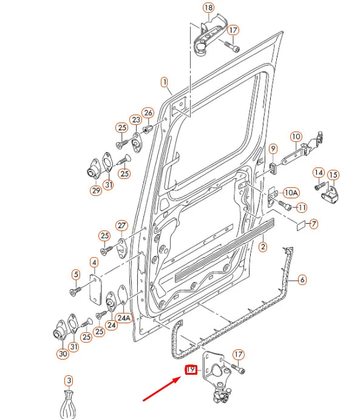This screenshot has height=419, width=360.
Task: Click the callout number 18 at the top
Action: (208, 8)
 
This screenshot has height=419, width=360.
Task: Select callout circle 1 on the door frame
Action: (165, 81)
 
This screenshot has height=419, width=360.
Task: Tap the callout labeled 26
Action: (148, 113)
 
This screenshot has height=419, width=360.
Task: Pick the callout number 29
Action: (96, 190)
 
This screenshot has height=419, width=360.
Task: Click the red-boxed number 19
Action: (191, 370)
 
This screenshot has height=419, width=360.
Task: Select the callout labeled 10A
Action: (291, 193)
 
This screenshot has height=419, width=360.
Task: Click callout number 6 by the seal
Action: (302, 280)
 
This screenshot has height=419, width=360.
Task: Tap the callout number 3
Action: (69, 381)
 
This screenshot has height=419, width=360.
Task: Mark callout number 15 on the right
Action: (333, 175)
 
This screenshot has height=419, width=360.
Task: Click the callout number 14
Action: (319, 173)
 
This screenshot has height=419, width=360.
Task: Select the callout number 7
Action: (313, 224)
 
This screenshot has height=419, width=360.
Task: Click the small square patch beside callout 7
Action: (300, 226)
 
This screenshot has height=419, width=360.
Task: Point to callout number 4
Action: (94, 263)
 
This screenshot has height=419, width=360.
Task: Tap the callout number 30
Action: (63, 354)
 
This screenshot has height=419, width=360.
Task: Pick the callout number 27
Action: (121, 226)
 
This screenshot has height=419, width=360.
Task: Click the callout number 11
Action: (302, 207)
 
